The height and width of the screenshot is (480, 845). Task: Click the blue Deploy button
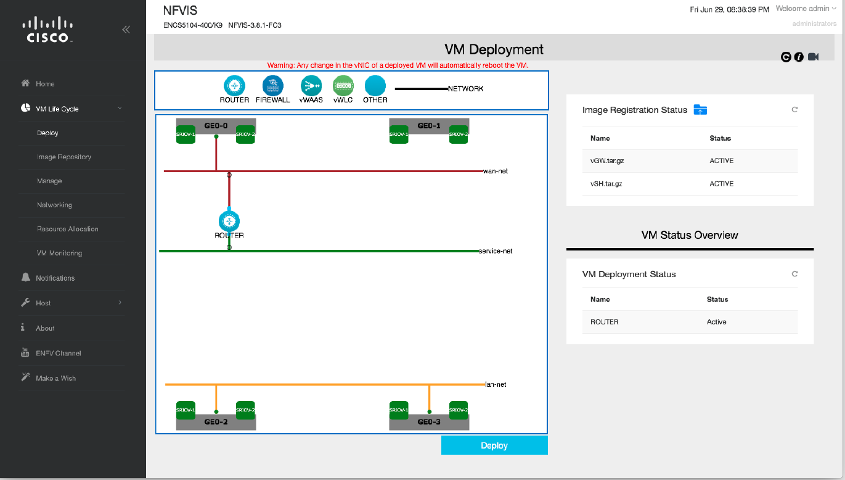coord(494,445)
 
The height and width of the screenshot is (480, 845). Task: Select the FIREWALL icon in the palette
coord(272,85)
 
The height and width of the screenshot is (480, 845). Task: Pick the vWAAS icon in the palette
coord(311,85)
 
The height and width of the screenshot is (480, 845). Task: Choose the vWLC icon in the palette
coord(343,85)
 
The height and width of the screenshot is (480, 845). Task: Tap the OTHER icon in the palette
coord(375,85)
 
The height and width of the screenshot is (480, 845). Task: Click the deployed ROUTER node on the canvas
coord(229,221)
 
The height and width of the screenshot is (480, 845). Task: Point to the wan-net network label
coord(496,171)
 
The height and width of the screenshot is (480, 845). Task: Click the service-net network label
coord(495,251)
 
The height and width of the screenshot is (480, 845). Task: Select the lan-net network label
coord(496,384)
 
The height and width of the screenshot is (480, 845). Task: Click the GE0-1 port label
coord(429,126)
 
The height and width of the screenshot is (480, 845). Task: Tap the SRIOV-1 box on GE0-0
coord(186,134)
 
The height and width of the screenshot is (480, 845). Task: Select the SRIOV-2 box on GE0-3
coord(458,410)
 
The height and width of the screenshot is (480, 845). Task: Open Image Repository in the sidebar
coord(64,157)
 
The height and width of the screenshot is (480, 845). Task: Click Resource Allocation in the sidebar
coord(68,229)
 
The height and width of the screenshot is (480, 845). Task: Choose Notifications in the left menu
coord(55,278)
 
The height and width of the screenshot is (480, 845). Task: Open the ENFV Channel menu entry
coord(58,354)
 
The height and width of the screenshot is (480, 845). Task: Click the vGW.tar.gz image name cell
coord(606,160)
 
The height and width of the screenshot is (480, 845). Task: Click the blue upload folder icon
coord(700,110)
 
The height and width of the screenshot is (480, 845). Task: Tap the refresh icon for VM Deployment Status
coord(794,274)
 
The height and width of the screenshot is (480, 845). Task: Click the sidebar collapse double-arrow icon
coord(126,29)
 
